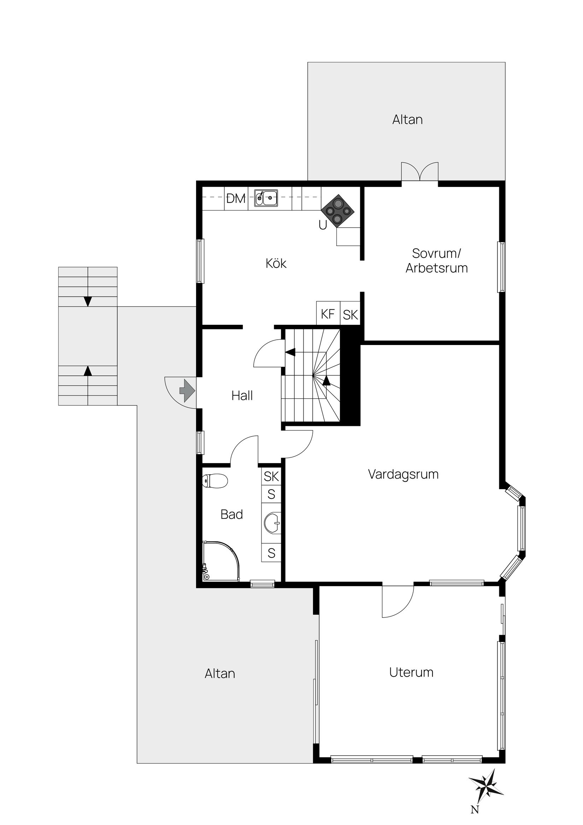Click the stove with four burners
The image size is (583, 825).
(338, 211)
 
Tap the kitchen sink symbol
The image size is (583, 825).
(266, 198)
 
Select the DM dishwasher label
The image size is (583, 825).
(236, 198)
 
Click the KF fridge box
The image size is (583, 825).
(328, 314)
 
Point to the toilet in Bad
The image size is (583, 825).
(215, 481)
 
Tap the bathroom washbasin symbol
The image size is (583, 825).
(272, 522)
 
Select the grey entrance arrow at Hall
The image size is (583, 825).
(187, 390)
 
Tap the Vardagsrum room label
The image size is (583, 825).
(403, 474)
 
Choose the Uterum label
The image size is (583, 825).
(411, 672)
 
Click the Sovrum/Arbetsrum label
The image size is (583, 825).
(436, 261)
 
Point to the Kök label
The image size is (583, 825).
(276, 263)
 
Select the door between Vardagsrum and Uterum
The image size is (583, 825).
(397, 599)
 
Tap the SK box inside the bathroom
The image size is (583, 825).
(271, 476)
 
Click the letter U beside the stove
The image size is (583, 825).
(323, 225)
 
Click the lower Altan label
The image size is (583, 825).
(220, 673)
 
